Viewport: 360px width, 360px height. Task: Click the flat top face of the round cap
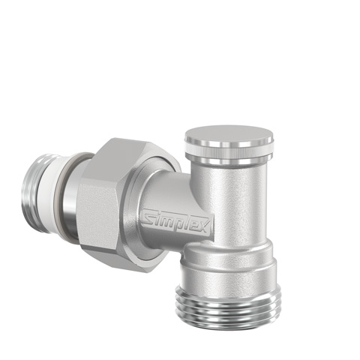(229, 134)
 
